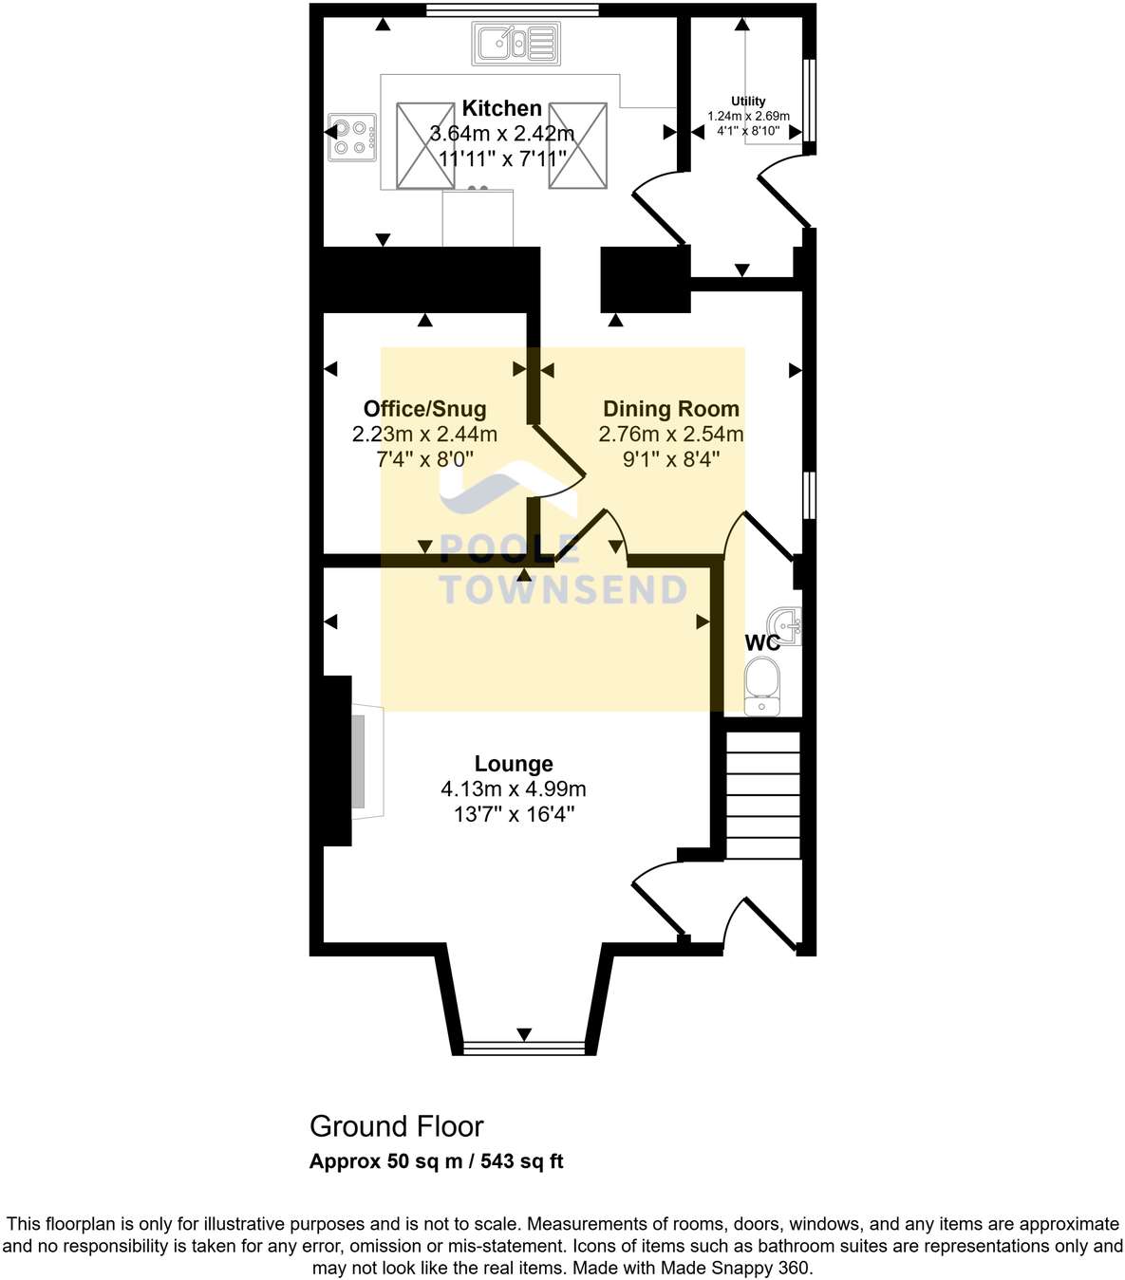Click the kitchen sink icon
coord(516,44)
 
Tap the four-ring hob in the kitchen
coord(351,138)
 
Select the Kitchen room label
coord(501,108)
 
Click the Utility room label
coord(748,102)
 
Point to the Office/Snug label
coord(424,409)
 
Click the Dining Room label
coord(670,409)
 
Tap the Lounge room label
coord(514,764)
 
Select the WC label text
coord(761,642)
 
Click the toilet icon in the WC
coord(761,686)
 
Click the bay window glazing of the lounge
coord(523,1048)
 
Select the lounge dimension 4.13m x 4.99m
coord(514,789)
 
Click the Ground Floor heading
coord(397,1126)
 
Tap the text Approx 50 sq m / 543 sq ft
coord(437,1161)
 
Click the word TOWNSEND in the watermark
coord(563,590)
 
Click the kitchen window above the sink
coord(512,10)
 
